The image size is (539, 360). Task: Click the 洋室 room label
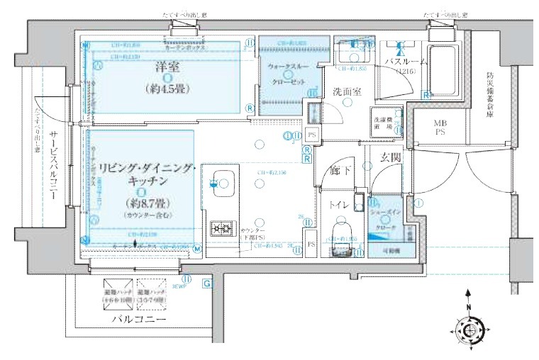(x=167, y=67)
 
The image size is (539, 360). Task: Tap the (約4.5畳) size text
(x=167, y=89)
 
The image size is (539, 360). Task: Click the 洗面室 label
(x=347, y=92)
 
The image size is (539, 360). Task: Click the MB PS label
(x=440, y=128)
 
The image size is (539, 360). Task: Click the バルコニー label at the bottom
(x=138, y=320)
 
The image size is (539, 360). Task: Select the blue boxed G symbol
(x=206, y=284)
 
